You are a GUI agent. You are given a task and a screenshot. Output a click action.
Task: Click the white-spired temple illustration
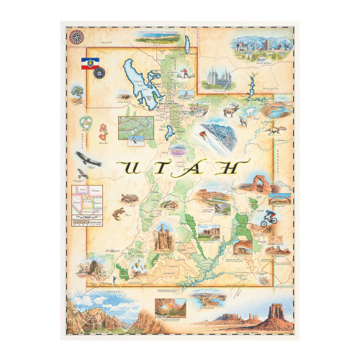[x=217, y=77]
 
